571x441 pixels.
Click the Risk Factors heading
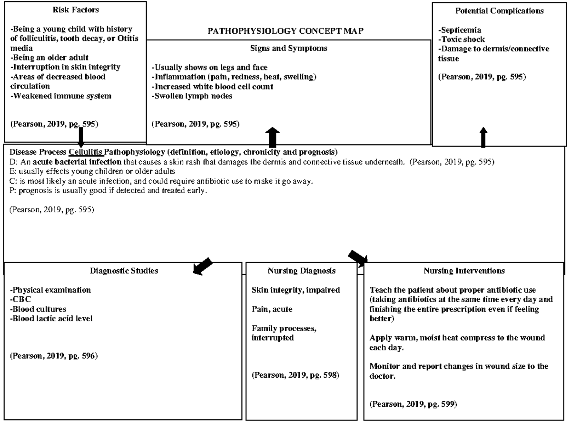coord(76,10)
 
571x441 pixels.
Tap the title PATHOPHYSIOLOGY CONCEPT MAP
coord(286,31)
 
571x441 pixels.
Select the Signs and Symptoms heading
coord(288,48)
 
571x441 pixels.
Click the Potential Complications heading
coord(499,10)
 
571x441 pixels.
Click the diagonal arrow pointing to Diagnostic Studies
coord(202,265)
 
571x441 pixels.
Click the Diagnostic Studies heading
coord(124,271)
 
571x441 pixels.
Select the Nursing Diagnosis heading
coord(301,271)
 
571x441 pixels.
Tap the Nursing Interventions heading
coord(464,271)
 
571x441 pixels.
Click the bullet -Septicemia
coord(460,30)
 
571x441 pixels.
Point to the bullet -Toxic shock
coord(462,39)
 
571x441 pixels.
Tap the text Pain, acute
coord(272,309)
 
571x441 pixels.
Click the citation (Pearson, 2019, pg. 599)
coord(413,404)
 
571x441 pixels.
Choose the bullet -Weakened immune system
coord(61,96)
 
